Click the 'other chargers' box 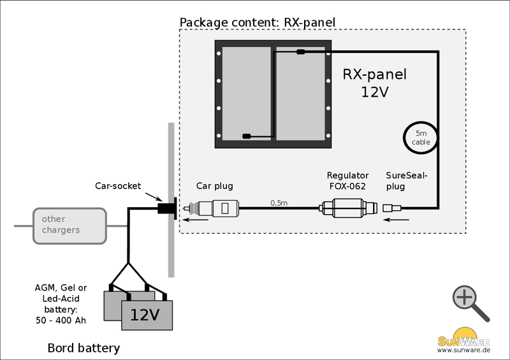click(69, 225)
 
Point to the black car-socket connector click(167, 208)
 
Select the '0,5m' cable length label click(279, 203)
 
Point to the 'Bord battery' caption click(84, 349)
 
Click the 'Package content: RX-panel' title click(257, 23)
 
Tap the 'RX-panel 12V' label click(374, 83)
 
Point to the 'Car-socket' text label click(118, 185)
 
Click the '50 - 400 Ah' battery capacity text click(62, 320)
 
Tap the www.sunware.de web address click(463, 350)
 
